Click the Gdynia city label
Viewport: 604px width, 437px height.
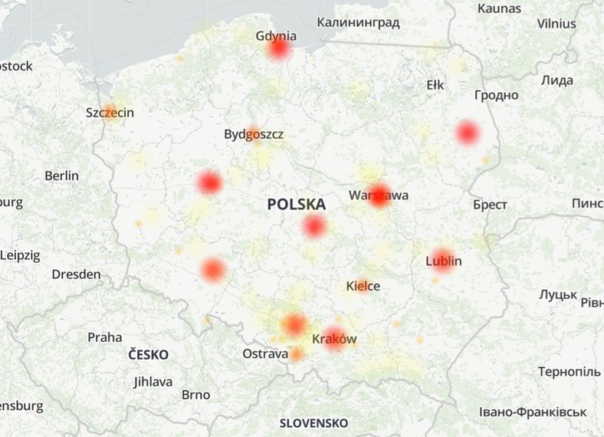click(275, 34)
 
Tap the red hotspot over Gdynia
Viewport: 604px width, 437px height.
click(279, 51)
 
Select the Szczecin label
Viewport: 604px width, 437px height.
click(110, 113)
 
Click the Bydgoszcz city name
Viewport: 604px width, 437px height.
click(254, 134)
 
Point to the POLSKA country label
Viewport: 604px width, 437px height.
click(297, 205)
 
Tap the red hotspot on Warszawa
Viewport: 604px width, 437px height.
click(379, 195)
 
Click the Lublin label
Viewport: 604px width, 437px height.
click(443, 261)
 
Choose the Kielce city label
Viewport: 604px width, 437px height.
click(363, 286)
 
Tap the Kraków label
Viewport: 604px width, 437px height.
click(334, 338)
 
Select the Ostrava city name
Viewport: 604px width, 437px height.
click(265, 354)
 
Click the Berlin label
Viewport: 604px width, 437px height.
click(61, 176)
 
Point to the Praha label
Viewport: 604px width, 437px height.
click(104, 337)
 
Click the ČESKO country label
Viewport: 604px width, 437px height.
click(148, 355)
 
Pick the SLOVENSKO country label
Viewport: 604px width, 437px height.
click(313, 422)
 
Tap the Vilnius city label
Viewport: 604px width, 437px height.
click(556, 24)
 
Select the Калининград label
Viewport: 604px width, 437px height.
click(358, 22)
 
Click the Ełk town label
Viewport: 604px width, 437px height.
click(435, 85)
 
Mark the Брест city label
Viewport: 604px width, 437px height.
click(490, 205)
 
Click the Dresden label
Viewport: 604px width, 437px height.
click(76, 274)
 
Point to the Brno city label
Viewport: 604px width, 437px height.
click(195, 395)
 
